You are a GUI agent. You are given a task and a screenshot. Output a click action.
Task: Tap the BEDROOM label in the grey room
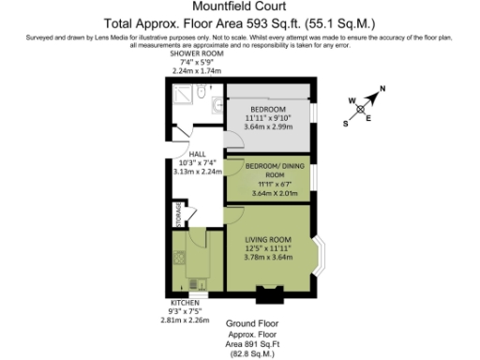point(268,108)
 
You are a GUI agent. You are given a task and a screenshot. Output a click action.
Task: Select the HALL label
point(197,154)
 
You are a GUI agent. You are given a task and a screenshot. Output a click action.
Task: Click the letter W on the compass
point(352,99)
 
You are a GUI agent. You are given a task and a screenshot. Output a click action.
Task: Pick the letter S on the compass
point(345,123)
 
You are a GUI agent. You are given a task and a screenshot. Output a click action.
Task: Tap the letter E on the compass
point(368,117)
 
